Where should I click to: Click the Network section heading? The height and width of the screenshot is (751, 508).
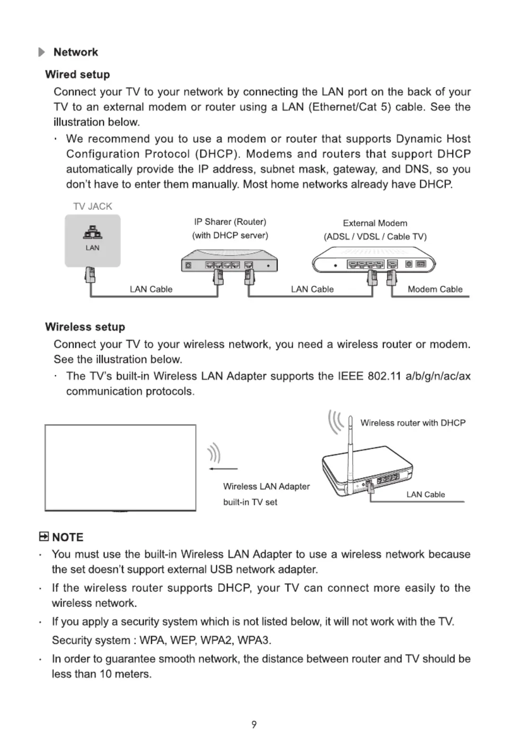click(75, 52)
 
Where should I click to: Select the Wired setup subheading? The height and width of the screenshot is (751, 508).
click(77, 74)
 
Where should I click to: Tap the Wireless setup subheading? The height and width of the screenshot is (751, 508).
click(85, 327)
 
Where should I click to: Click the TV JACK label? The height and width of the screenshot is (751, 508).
click(92, 206)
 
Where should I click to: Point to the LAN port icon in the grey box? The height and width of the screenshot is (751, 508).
click(93, 233)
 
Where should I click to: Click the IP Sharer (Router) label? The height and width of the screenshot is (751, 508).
click(230, 222)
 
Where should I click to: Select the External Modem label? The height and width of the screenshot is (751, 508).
click(375, 223)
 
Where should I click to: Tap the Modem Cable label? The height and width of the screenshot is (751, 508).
click(435, 289)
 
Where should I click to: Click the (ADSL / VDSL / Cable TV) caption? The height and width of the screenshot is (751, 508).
click(375, 237)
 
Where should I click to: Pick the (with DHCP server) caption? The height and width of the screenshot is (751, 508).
click(230, 236)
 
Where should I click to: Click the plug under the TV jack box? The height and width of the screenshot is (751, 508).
click(89, 275)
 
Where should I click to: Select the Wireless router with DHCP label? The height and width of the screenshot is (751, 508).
click(413, 423)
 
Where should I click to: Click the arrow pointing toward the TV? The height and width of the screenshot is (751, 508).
click(223, 469)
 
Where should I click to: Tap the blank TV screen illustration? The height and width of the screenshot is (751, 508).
click(120, 468)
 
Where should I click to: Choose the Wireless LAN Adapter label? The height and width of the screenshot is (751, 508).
click(267, 486)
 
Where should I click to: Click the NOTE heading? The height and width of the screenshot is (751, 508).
click(67, 537)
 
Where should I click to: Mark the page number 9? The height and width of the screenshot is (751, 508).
click(254, 724)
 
